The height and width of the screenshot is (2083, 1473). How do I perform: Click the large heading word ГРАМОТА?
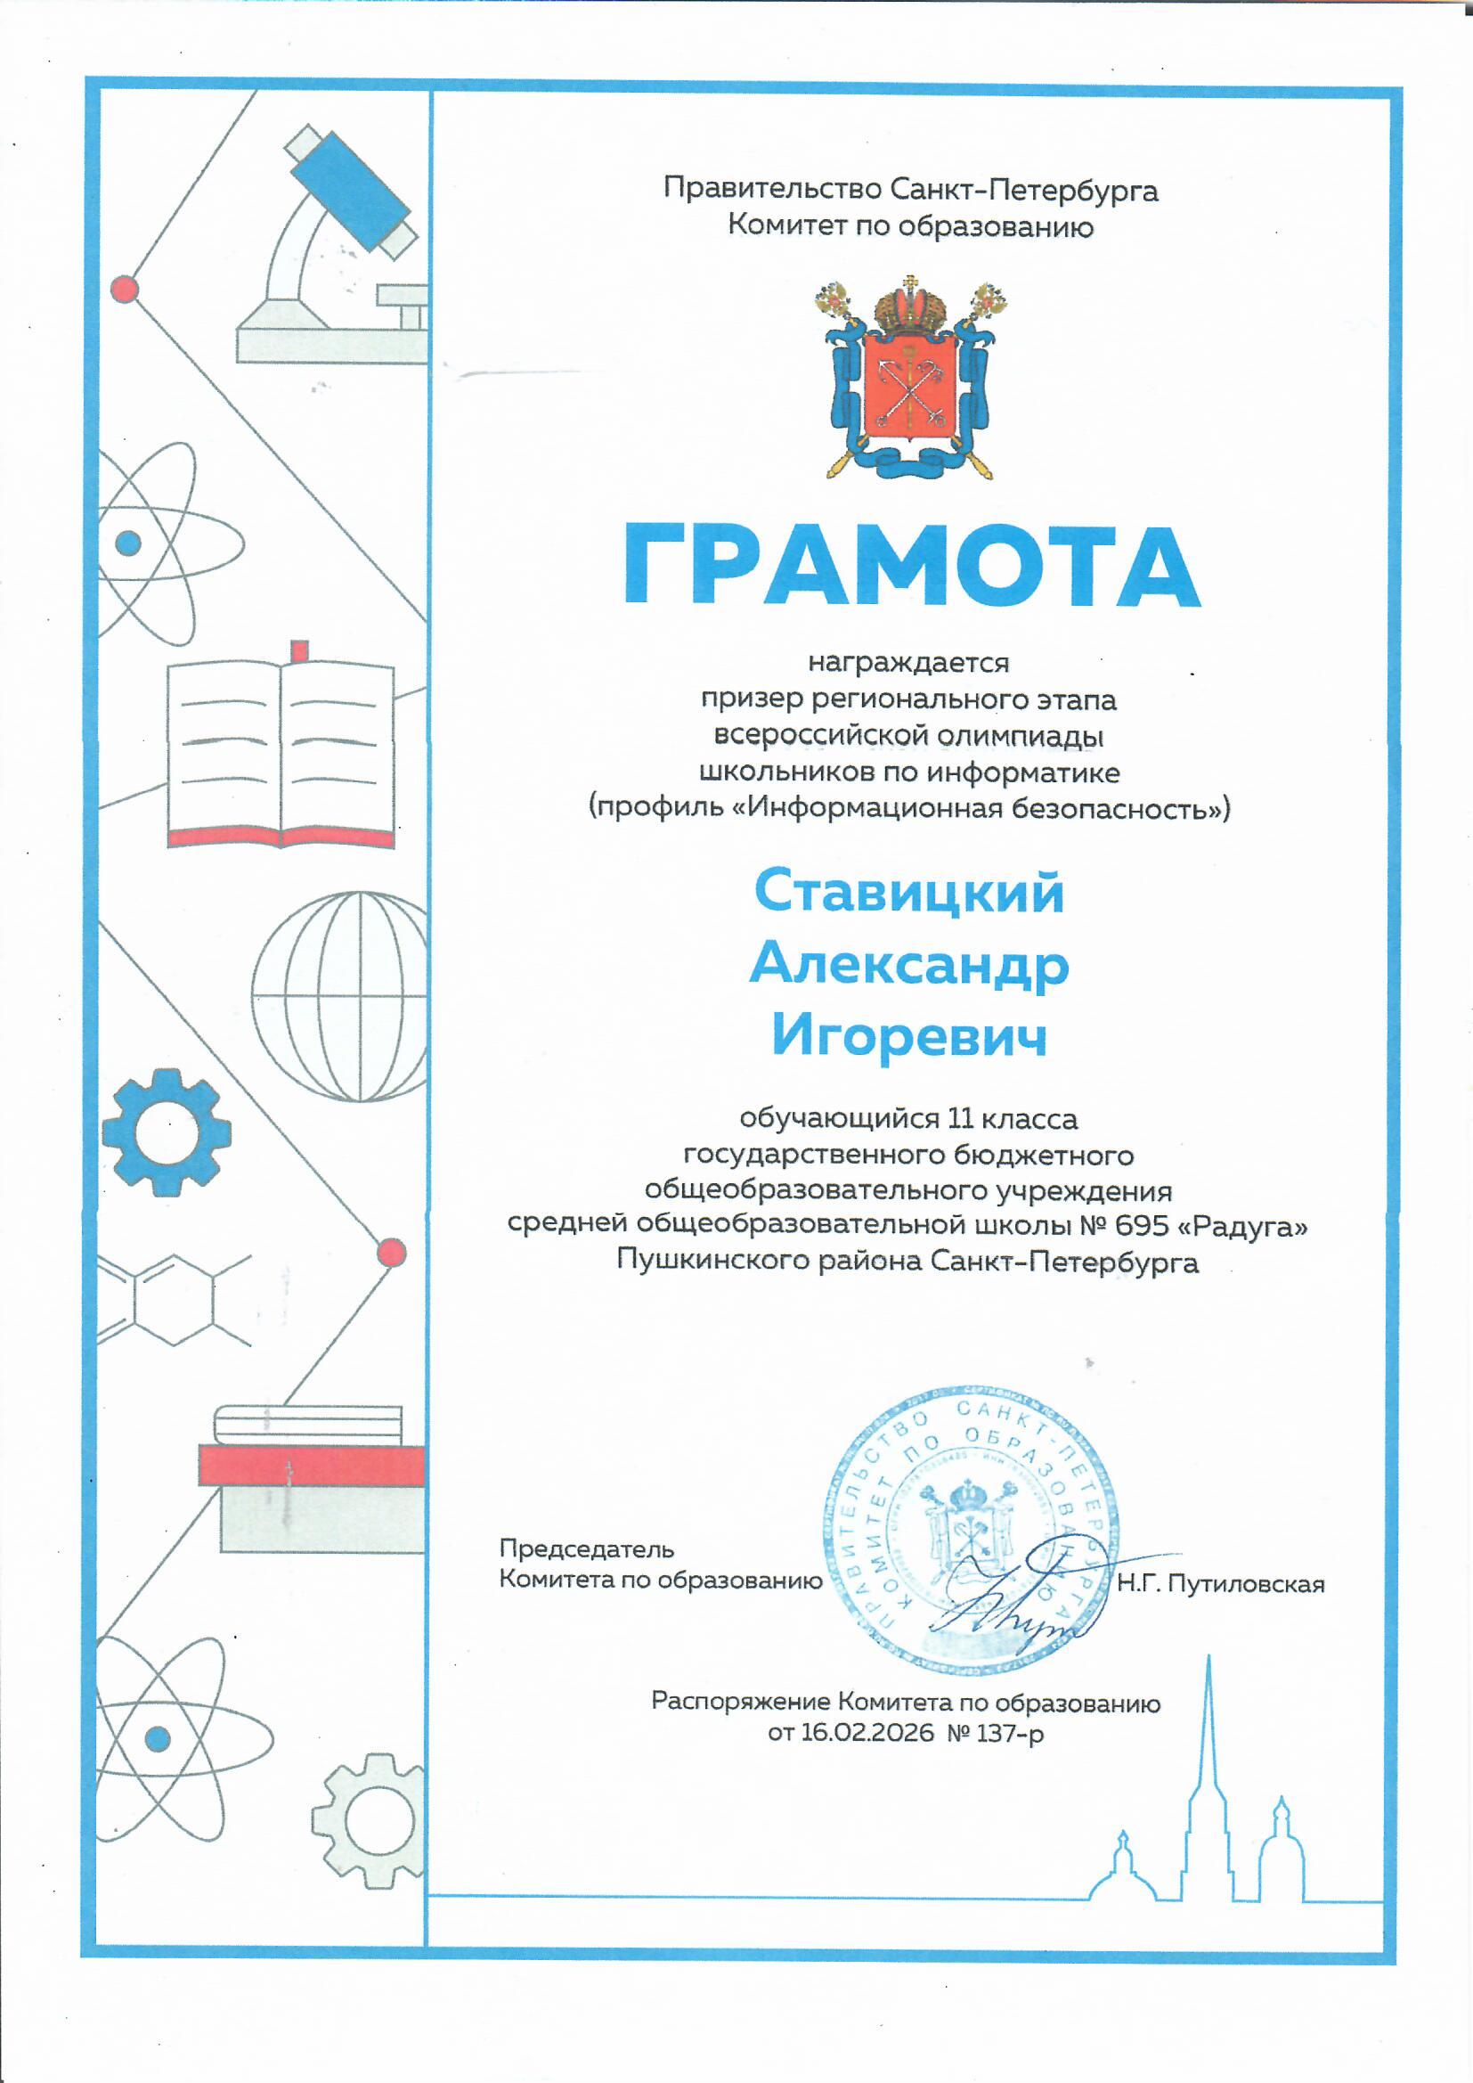[911, 567]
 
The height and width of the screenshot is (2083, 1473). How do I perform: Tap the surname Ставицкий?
[909, 892]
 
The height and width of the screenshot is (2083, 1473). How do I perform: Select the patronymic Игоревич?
[910, 1035]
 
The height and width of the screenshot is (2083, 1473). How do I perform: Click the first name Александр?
[909, 963]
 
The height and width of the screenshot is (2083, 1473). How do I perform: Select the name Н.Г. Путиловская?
[1220, 1584]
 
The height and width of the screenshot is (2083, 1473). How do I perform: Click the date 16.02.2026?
[867, 1733]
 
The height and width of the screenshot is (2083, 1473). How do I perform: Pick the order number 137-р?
[1015, 1733]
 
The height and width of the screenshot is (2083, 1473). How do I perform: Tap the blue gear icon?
[167, 1132]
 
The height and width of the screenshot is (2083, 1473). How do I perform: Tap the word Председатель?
[586, 1548]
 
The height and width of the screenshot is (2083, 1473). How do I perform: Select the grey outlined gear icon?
[370, 1820]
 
